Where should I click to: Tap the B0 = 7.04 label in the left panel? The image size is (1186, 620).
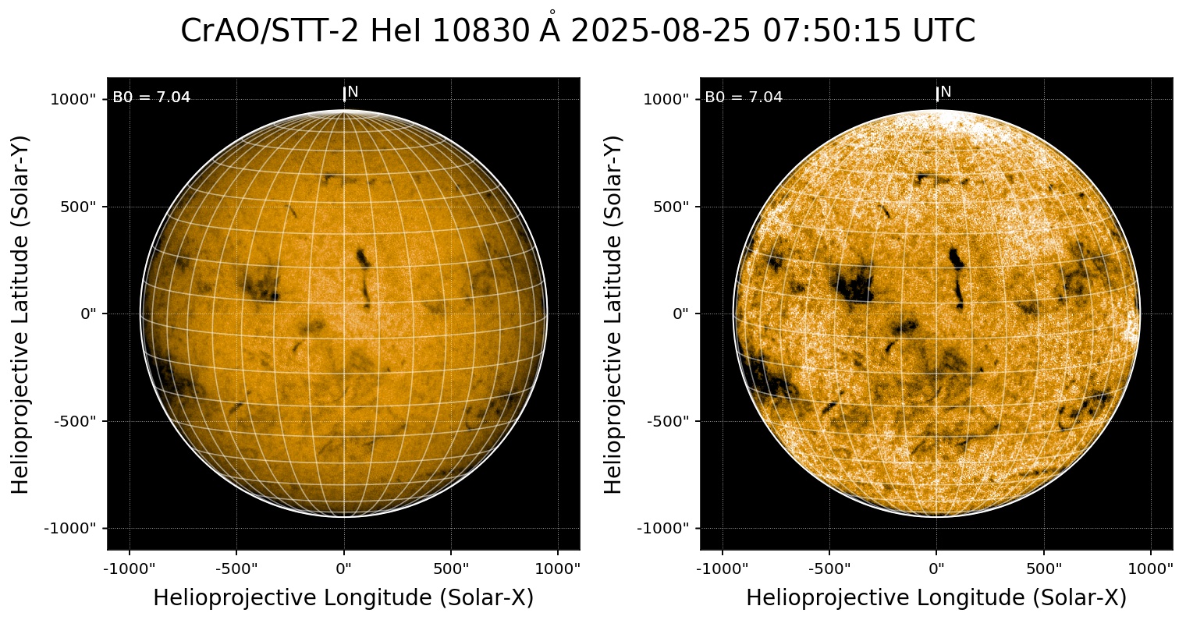pyautogui.click(x=151, y=97)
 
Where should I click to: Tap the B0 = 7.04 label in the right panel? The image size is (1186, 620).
pyautogui.click(x=744, y=97)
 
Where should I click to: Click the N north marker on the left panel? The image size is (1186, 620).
pyautogui.click(x=353, y=92)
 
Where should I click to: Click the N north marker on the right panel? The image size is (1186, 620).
pyautogui.click(x=946, y=92)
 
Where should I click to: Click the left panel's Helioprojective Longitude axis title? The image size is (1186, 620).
pyautogui.click(x=343, y=598)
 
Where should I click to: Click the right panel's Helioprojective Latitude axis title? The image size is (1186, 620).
pyautogui.click(x=614, y=314)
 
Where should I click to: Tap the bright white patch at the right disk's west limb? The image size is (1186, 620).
pyautogui.click(x=1131, y=328)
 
